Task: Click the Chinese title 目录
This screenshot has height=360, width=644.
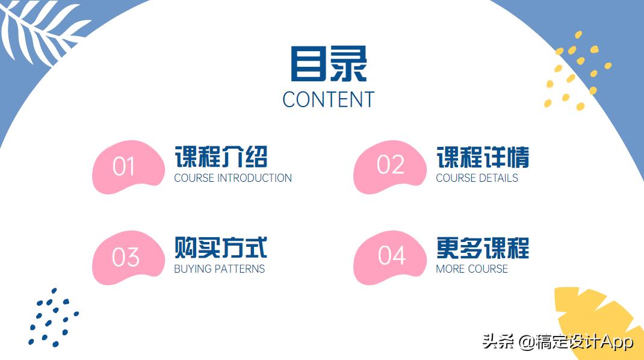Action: click(328, 64)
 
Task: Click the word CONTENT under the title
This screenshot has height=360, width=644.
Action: click(328, 99)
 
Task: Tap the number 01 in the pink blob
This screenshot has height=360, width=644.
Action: click(123, 167)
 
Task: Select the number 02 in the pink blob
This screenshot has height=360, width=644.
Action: click(390, 165)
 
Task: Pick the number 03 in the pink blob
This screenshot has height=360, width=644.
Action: click(125, 258)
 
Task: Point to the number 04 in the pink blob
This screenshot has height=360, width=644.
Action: click(391, 256)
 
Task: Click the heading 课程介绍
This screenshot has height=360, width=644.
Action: click(221, 157)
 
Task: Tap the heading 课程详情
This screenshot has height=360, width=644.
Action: click(483, 157)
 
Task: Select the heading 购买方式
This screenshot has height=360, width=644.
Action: click(221, 247)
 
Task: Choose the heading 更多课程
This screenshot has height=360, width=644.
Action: click(483, 247)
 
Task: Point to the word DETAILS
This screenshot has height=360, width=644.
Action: click(498, 178)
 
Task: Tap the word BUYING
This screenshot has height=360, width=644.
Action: click(189, 269)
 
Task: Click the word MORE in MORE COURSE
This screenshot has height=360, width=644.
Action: click(449, 269)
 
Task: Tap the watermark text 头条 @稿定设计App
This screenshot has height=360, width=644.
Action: click(557, 343)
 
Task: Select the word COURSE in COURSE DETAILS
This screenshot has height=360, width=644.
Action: click(456, 178)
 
